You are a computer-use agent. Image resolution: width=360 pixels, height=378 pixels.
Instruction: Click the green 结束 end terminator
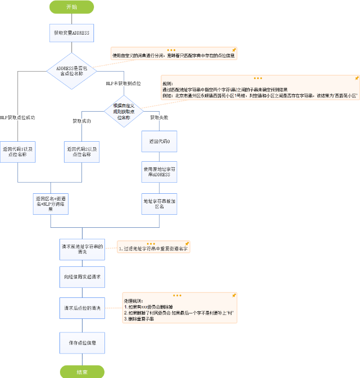click(x=82, y=372)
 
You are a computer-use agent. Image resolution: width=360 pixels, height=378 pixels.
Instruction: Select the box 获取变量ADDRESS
click(x=72, y=33)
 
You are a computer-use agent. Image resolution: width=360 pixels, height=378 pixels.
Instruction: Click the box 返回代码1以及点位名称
click(x=18, y=152)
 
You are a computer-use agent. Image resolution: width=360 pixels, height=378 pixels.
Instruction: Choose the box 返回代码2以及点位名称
click(x=82, y=152)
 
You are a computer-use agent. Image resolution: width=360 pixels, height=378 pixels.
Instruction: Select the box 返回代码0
click(x=159, y=142)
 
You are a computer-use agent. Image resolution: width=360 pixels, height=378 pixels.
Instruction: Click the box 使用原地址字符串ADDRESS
click(x=159, y=171)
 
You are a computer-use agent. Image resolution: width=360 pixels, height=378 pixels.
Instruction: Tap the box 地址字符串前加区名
click(x=159, y=203)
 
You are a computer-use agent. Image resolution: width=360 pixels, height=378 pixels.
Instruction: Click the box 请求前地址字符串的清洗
click(x=82, y=249)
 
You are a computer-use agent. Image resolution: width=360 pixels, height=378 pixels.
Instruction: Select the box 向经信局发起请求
click(x=82, y=276)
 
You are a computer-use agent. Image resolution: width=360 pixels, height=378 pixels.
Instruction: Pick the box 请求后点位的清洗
click(x=82, y=308)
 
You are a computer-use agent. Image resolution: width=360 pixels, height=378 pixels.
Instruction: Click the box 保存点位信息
click(x=82, y=343)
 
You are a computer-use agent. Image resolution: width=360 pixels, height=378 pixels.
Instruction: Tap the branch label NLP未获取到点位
click(x=123, y=83)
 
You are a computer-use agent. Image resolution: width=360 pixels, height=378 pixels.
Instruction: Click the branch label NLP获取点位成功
click(x=17, y=118)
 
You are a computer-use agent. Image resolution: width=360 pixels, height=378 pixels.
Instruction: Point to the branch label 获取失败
click(x=159, y=118)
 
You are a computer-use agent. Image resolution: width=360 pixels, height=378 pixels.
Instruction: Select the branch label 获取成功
click(x=81, y=121)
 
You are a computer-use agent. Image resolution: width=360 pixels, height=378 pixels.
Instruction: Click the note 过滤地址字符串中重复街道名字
click(x=154, y=248)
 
